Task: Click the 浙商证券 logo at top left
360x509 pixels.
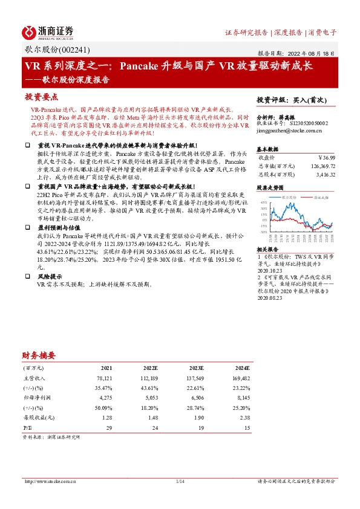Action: click(47, 31)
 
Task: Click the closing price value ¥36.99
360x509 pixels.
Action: click(325, 157)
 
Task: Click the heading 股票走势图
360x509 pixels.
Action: click(270, 188)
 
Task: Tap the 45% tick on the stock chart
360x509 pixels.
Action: click(264, 203)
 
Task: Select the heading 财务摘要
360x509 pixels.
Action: click(39, 355)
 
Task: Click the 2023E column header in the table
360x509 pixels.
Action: click(197, 368)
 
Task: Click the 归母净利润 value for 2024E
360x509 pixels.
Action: click(243, 398)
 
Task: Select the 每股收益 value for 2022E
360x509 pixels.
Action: click(151, 417)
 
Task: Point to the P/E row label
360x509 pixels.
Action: click(27, 427)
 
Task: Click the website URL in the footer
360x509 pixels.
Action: click(50, 482)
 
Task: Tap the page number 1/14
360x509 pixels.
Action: click(180, 482)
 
